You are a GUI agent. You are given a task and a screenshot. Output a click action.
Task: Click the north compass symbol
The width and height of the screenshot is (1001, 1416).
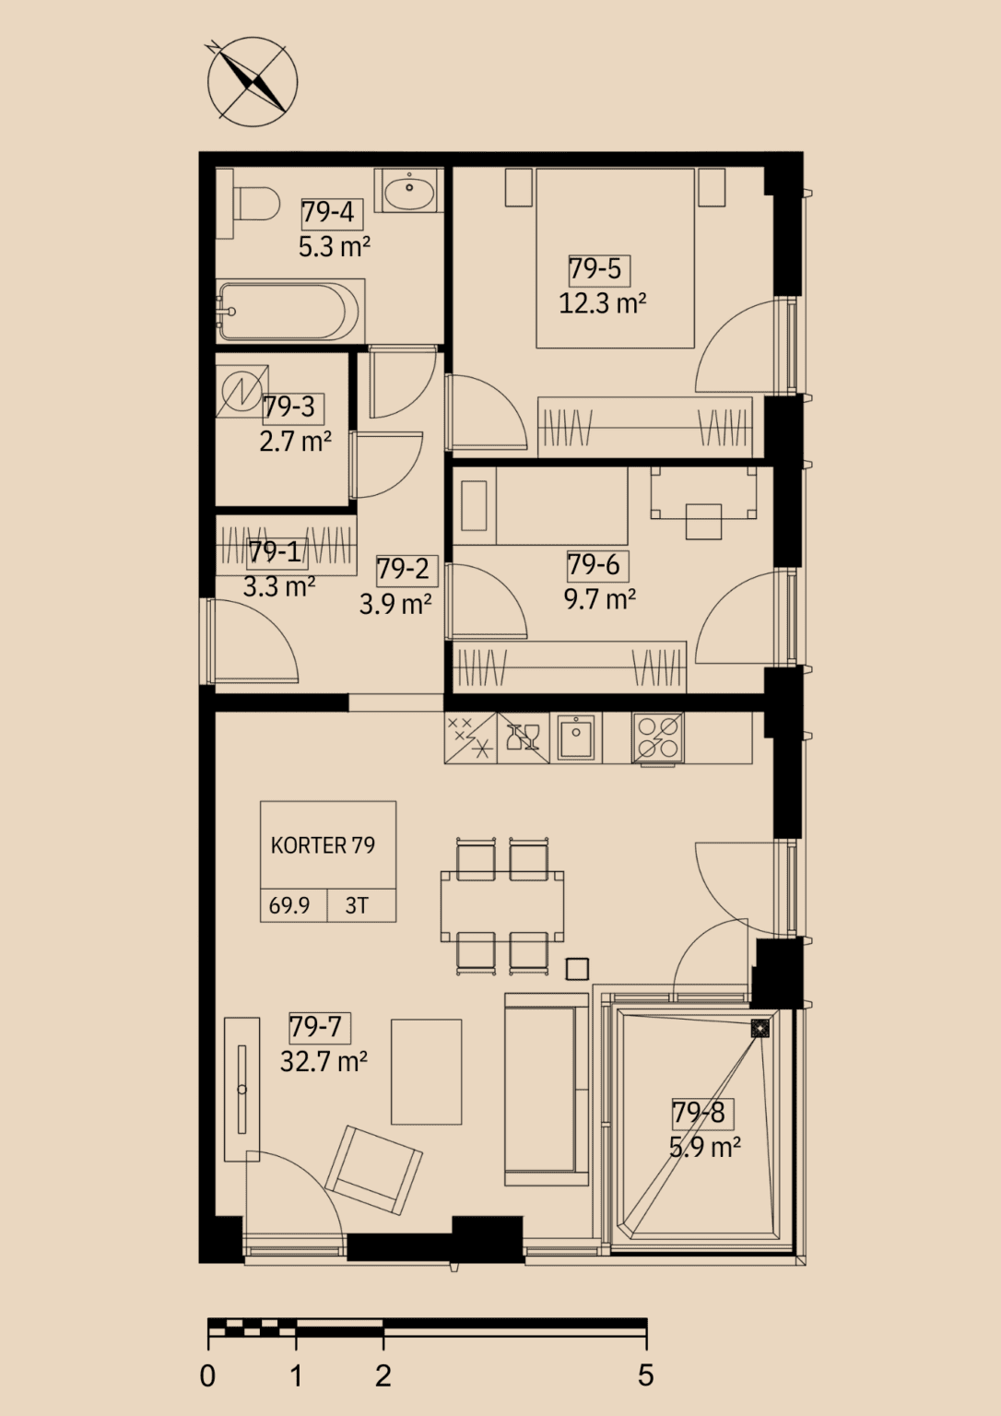(253, 81)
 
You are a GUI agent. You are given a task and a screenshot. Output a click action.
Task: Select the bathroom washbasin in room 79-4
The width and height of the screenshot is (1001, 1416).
(409, 190)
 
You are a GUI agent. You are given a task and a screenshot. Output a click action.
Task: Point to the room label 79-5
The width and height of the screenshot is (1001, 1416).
(595, 269)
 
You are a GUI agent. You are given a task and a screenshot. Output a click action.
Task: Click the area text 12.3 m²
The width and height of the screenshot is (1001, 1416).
(602, 304)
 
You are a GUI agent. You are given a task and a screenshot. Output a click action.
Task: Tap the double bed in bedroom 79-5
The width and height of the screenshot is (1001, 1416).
(614, 258)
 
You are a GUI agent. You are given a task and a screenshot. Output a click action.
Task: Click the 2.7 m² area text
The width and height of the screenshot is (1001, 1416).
(295, 442)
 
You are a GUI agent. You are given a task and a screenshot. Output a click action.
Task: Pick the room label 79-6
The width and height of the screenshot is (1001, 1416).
(594, 565)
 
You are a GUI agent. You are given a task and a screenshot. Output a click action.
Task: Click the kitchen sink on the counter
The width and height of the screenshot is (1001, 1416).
(576, 737)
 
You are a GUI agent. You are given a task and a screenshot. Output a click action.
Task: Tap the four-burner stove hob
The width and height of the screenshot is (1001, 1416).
(657, 739)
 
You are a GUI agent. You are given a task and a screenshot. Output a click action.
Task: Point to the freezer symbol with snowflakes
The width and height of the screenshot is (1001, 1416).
(470, 737)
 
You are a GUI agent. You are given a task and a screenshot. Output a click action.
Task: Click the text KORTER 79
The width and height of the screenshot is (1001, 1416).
(323, 845)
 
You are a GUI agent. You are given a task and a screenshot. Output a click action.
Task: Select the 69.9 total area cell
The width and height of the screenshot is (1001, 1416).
(289, 906)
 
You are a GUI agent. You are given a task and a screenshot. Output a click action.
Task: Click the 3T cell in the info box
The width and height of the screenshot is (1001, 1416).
(357, 906)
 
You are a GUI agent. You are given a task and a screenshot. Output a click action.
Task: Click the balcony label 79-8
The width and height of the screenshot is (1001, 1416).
(698, 1113)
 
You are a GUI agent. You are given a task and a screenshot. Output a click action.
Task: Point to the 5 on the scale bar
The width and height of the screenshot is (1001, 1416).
(645, 1375)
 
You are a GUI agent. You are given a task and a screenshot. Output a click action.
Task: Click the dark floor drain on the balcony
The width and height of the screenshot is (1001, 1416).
(760, 1030)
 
